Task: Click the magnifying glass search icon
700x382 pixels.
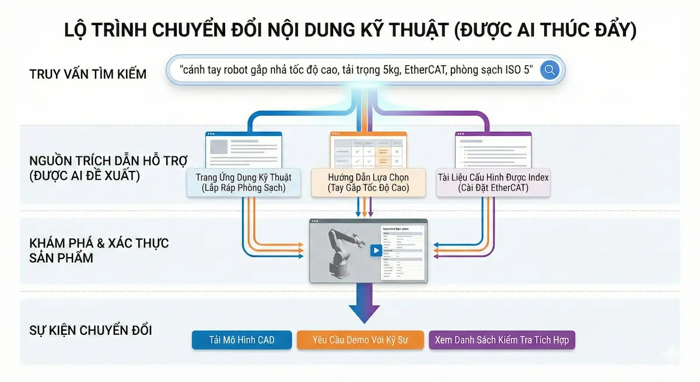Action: point(549,71)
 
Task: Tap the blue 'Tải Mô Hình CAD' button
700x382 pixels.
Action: point(242,340)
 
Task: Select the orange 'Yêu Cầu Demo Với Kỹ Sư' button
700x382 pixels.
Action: point(360,340)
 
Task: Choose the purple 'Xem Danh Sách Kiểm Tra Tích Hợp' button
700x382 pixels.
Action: point(502,340)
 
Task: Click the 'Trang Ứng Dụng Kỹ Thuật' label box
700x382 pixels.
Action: point(243,182)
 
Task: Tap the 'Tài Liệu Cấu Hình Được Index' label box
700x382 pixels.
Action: point(493,182)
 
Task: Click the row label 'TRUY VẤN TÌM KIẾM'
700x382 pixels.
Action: point(87,75)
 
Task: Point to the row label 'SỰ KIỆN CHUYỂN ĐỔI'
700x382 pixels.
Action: point(90,331)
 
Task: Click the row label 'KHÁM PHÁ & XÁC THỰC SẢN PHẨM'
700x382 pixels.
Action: point(99,250)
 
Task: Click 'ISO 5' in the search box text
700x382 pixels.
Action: point(519,71)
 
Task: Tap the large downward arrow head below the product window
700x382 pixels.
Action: point(363,312)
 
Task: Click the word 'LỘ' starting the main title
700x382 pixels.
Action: point(79,31)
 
